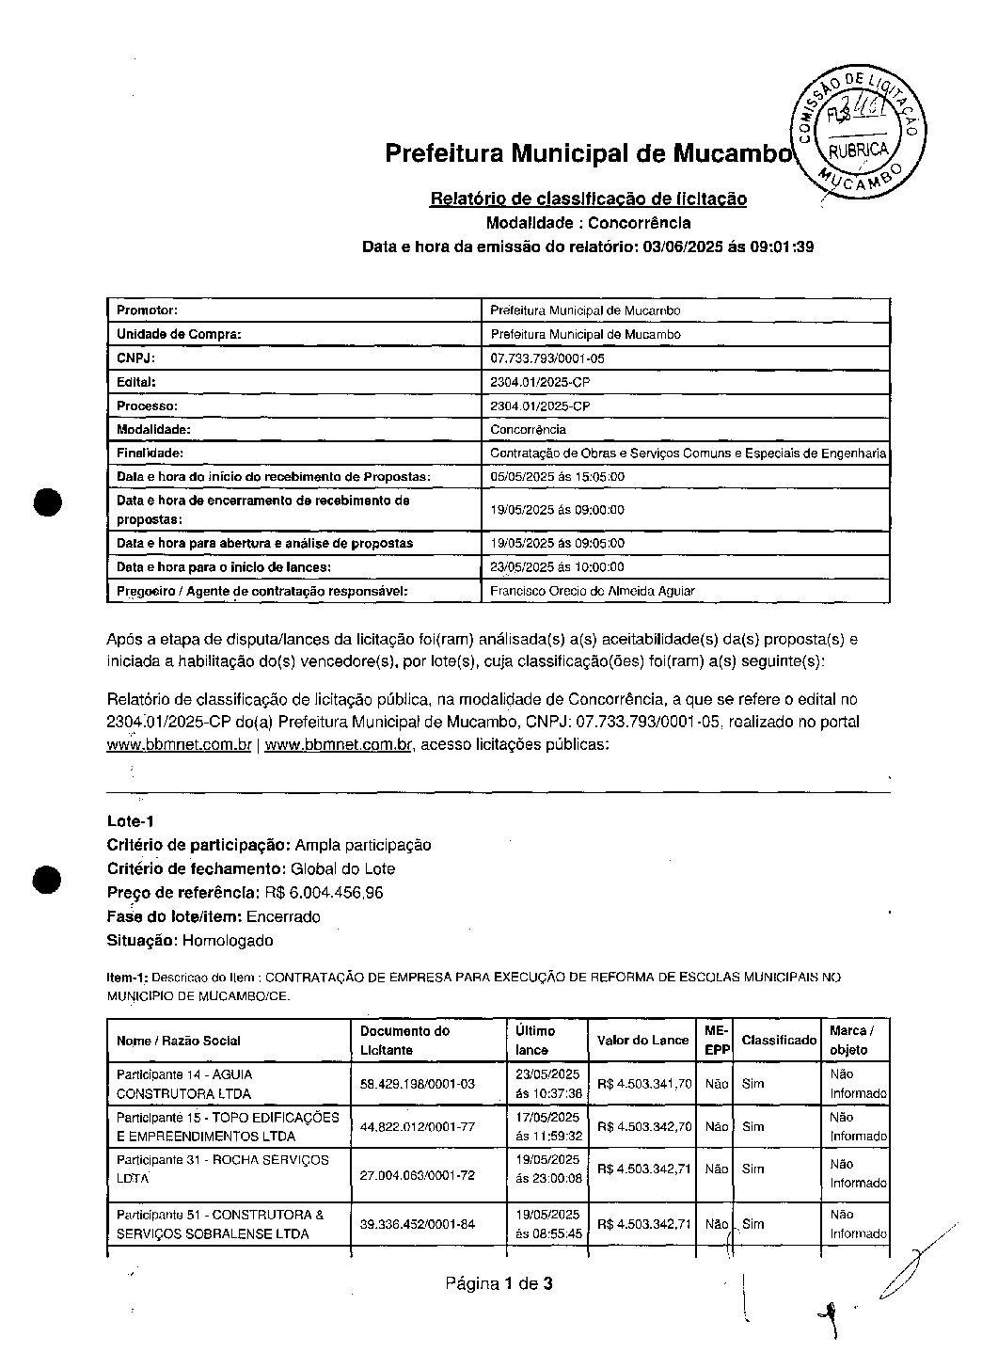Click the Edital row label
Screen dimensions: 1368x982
135,382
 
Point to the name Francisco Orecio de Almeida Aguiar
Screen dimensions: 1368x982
593,591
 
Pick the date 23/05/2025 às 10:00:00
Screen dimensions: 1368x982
557,567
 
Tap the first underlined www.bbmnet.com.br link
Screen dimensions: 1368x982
179,745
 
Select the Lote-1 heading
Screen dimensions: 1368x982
130,820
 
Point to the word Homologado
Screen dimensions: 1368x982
228,940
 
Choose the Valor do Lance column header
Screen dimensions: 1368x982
642,1040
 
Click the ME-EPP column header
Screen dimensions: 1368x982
717,1040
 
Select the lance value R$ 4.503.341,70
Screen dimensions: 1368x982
644,1084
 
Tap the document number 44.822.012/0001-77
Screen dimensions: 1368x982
418,1126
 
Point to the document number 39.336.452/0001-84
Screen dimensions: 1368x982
418,1224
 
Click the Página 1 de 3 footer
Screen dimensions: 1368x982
499,1283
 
